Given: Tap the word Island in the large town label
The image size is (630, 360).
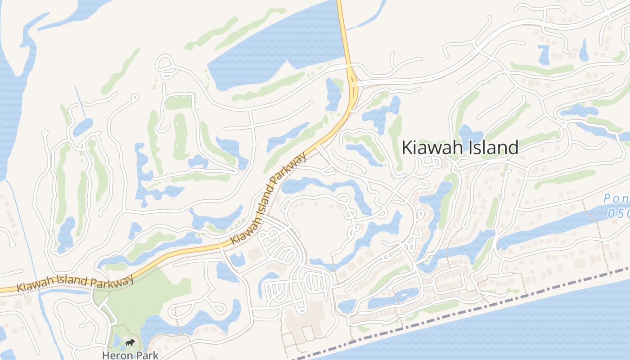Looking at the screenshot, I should pos(491,148).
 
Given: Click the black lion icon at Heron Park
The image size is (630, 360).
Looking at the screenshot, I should pos(130,344).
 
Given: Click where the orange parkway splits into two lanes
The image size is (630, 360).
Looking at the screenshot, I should pos(352,83).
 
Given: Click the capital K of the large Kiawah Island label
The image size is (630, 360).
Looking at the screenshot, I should pos(407,148).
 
